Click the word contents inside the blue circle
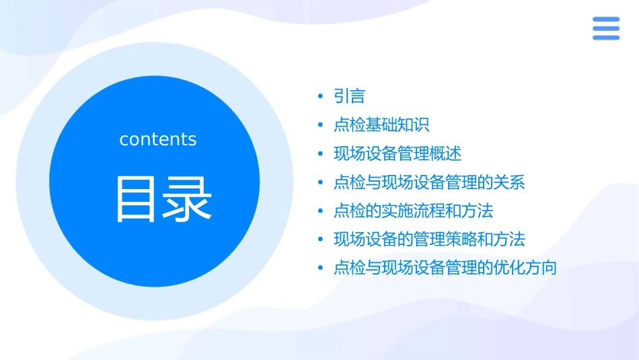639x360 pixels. (158, 139)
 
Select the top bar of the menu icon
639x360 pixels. (605, 20)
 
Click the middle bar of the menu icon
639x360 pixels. (605, 28)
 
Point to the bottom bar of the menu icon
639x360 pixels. (605, 37)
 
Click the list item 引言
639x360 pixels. (349, 97)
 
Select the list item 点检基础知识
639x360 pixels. (381, 125)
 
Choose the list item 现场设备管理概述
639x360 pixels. (397, 153)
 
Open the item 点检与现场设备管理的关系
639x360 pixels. (428, 182)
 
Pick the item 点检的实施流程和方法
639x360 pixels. (413, 211)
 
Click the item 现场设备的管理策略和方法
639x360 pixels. (428, 239)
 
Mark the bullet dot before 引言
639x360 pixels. (321, 97)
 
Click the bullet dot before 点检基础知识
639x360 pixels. (321, 125)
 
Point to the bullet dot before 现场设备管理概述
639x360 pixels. (321, 154)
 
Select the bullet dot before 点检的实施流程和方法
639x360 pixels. (321, 211)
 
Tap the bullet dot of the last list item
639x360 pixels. (321, 268)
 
